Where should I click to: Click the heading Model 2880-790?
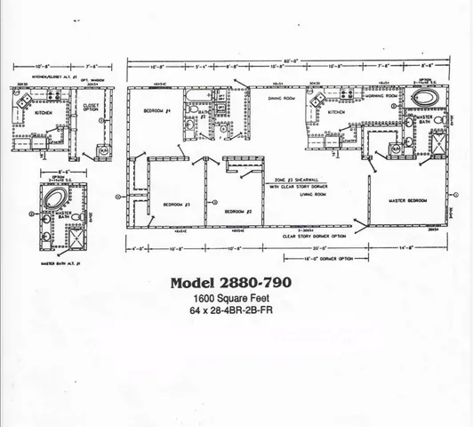[229, 284]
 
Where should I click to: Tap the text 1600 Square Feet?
[229, 299]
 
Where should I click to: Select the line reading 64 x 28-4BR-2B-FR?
[229, 311]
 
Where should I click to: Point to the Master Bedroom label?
[408, 201]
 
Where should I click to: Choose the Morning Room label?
[379, 96]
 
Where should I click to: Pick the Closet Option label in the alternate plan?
[90, 111]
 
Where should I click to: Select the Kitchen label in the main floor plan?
[335, 113]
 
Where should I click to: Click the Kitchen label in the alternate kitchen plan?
[44, 113]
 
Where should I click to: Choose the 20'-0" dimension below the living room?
[307, 246]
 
